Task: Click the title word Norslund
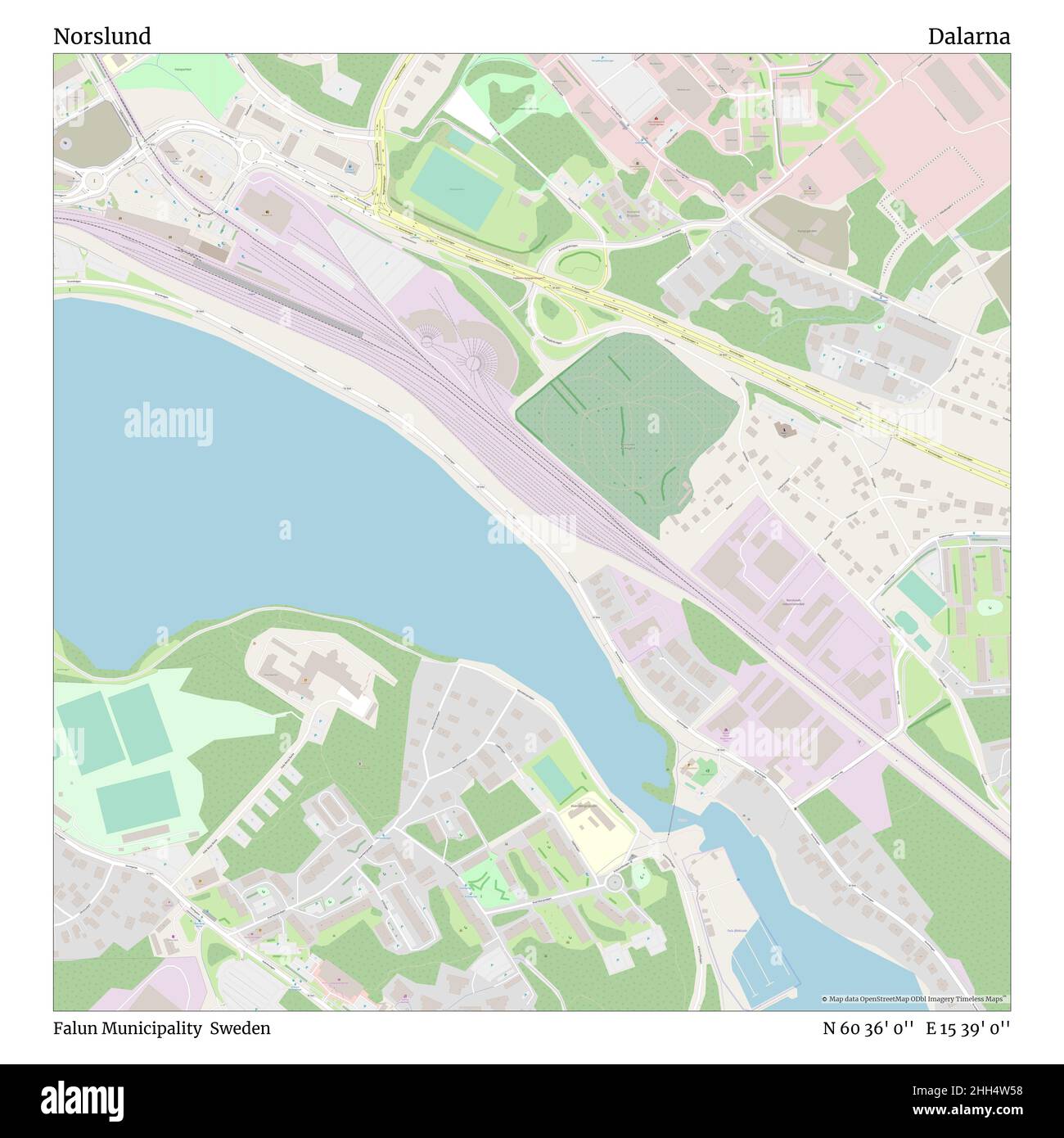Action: (x=102, y=37)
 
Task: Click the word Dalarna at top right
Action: (x=968, y=37)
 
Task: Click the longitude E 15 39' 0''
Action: (x=967, y=1028)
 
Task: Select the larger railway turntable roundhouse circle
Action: (x=471, y=361)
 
